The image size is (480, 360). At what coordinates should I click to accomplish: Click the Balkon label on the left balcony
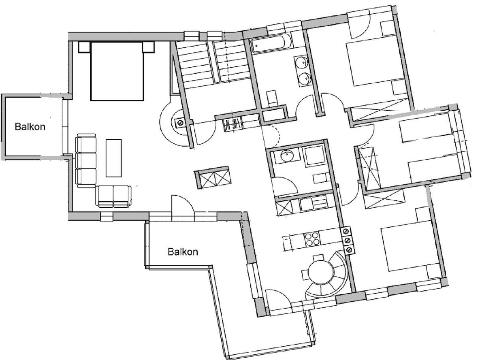(30, 127)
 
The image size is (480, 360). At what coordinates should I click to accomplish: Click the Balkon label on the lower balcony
(183, 252)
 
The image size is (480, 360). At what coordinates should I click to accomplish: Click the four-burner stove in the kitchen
(312, 239)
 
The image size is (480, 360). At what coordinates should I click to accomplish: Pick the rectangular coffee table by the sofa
(114, 158)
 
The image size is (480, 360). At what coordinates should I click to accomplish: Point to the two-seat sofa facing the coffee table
(113, 196)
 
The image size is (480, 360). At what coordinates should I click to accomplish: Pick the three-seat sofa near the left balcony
(86, 161)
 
